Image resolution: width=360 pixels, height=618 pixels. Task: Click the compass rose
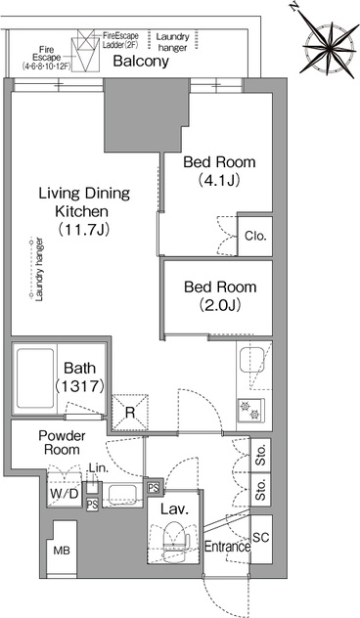[x=329, y=47]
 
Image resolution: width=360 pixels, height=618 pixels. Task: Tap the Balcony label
[x=141, y=61]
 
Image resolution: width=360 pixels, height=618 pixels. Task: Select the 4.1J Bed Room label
[x=219, y=171]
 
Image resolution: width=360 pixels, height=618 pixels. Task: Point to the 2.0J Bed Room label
[x=220, y=295]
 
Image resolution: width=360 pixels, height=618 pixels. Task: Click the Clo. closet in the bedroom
[x=255, y=236]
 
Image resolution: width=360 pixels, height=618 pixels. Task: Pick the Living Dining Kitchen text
[x=83, y=211]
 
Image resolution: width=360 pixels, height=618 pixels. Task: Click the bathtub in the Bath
[x=35, y=378]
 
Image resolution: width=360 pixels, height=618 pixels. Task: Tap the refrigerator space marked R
[x=130, y=412]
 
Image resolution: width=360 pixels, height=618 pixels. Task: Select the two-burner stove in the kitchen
[x=250, y=411]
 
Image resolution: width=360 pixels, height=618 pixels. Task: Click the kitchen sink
[x=251, y=359]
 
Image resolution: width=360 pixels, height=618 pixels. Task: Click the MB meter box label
[x=62, y=551]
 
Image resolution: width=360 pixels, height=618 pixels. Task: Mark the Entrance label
[x=228, y=547]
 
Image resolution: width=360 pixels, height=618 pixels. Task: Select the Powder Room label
[x=62, y=442]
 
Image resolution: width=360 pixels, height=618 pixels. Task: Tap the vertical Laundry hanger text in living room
[x=39, y=269]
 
